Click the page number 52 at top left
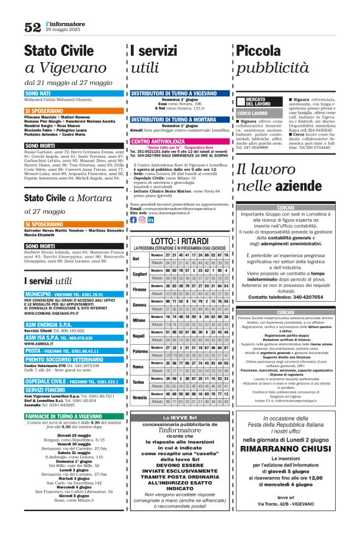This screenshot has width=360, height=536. pos(32,27)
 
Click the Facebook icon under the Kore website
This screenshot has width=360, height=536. pos(133,220)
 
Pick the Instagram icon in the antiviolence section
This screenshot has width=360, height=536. pos(142,220)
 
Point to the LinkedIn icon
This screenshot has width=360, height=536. pos(151,220)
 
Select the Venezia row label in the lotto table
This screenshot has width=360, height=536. pos(140,397)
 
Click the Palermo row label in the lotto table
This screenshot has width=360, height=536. pos(140,351)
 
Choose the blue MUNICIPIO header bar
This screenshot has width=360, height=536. pos(68,293)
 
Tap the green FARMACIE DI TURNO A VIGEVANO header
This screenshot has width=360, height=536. pos(69,416)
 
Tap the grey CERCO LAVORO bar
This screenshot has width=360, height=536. pos(253,114)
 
